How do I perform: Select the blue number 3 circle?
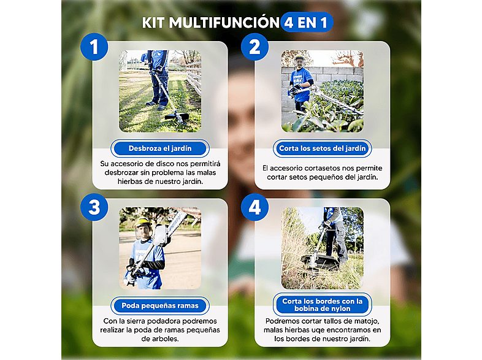click(94, 207)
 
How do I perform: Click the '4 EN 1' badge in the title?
click(307, 23)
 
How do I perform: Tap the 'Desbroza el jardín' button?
click(159, 148)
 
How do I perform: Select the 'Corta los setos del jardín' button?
click(322, 148)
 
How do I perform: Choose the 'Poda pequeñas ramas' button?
click(159, 305)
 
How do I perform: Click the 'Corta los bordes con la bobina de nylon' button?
click(322, 305)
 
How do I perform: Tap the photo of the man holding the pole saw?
click(159, 248)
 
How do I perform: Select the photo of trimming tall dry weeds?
click(322, 248)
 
